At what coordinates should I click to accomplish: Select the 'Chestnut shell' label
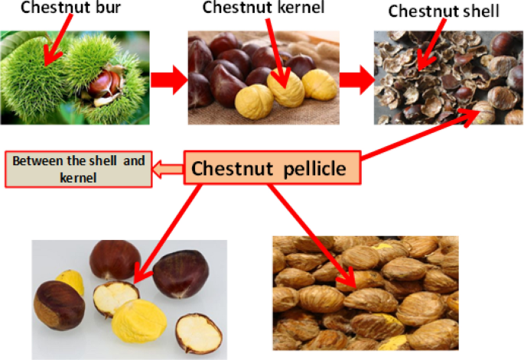pos(443,11)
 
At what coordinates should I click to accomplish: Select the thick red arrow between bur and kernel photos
pos(167,79)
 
